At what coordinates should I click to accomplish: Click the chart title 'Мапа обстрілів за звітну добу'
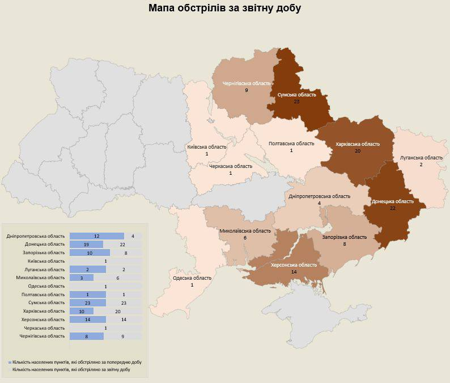[225, 9]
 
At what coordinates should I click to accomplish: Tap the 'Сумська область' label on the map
[296, 95]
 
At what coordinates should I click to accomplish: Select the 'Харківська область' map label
[358, 144]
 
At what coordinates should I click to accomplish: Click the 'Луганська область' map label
[421, 157]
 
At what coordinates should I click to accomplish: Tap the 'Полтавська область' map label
[291, 144]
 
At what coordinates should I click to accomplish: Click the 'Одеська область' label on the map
[192, 278]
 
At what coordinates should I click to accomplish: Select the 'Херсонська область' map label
[294, 265]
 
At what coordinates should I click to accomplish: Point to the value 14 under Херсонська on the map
[294, 272]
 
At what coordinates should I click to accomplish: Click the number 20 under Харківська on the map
[358, 151]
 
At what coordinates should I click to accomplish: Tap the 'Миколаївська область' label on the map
[245, 231]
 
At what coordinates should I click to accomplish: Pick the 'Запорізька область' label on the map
[345, 237]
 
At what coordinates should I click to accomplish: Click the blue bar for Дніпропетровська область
[96, 236]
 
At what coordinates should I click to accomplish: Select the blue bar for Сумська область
[87, 303]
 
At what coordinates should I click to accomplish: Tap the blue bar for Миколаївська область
[81, 277]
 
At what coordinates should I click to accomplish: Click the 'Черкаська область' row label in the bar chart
[44, 328]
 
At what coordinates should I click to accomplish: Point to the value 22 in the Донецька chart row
[122, 244]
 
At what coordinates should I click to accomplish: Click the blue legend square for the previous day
[10, 361]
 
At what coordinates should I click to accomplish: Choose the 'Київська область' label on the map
[207, 147]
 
